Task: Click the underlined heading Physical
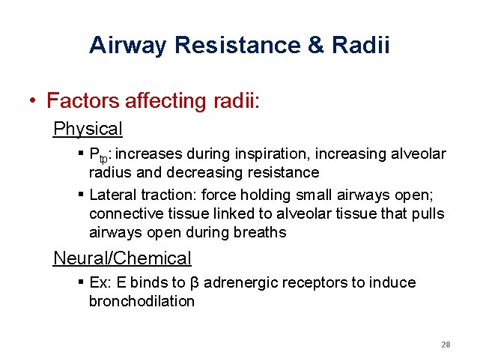(88, 129)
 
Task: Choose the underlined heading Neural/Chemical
(122, 258)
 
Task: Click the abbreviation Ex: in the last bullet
(100, 283)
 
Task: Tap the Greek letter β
(195, 284)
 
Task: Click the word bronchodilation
(142, 302)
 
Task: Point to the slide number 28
(446, 345)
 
